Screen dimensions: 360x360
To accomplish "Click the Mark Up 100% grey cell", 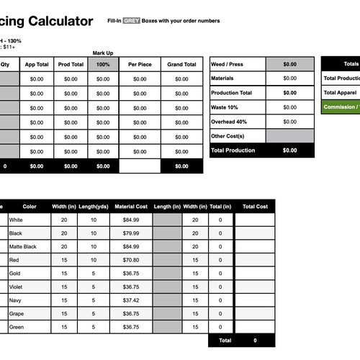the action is click(x=103, y=64).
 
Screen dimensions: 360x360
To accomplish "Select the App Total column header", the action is click(x=37, y=64).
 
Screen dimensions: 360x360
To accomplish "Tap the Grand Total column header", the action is click(x=181, y=64).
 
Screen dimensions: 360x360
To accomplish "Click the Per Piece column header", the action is click(x=139, y=64).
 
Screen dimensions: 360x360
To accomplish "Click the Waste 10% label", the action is click(x=225, y=107).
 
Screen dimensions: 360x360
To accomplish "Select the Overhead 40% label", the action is click(x=230, y=121).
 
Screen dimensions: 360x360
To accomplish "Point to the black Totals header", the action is click(x=351, y=64).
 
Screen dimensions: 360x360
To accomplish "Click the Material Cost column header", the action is click(x=130, y=207).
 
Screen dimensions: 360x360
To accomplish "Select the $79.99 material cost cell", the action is click(x=130, y=233).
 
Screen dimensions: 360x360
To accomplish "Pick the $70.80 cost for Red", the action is click(x=130, y=260).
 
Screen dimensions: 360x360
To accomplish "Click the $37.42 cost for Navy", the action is click(x=130, y=300).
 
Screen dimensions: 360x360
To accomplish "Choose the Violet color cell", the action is click(x=17, y=287).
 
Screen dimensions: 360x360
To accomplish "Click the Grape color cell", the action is click(x=17, y=313).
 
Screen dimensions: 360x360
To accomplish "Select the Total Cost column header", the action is click(x=255, y=207).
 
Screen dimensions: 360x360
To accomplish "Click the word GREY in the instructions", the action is click(x=130, y=22).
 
